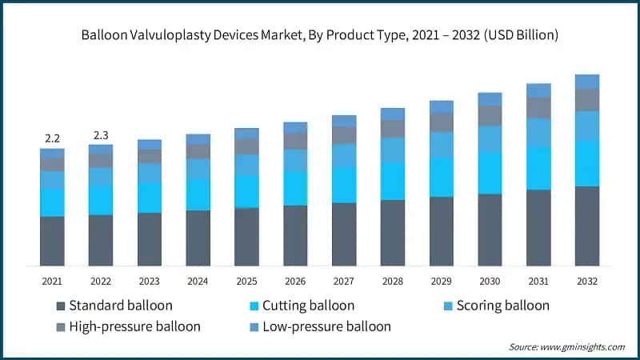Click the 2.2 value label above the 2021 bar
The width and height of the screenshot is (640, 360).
pos(52,138)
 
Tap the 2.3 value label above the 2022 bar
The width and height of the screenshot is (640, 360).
pos(101,135)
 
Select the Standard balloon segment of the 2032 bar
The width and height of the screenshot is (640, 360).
pos(587,226)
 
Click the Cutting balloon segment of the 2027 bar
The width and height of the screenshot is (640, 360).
pos(344,185)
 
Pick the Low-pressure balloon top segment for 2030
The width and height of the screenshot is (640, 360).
pos(490,99)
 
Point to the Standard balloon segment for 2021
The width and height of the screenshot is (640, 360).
pos(52,240)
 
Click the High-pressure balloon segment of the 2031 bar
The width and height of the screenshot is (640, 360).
pos(538,108)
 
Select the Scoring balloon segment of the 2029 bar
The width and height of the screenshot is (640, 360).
pos(442,144)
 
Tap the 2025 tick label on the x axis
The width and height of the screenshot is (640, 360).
pos(246,281)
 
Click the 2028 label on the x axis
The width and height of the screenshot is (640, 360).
pos(393,281)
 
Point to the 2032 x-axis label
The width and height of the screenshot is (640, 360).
pos(587,281)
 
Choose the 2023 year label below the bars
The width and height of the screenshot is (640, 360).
pos(150,281)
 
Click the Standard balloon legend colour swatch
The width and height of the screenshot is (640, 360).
pos(61,306)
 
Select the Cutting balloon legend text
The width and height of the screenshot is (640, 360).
pos(308,306)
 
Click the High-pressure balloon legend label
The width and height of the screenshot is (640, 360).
pos(134,326)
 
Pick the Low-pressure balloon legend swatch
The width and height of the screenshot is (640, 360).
pos(254,326)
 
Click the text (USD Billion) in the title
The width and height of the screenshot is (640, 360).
pos(518,36)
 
